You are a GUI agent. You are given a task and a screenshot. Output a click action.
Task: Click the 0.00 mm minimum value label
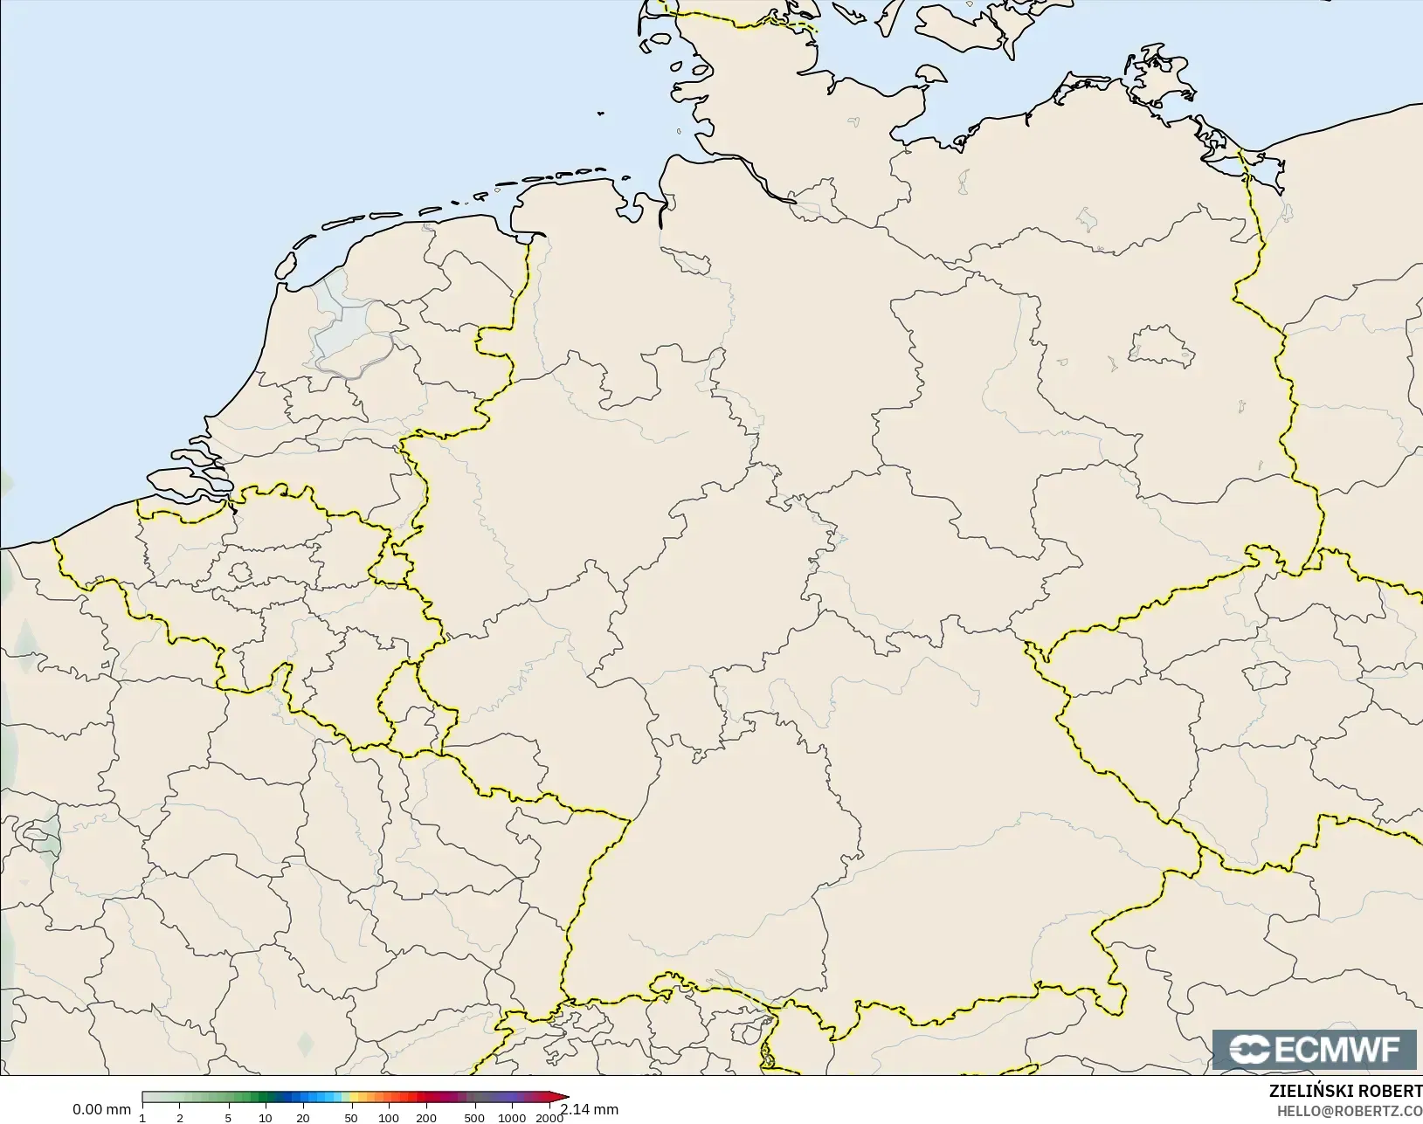(101, 1109)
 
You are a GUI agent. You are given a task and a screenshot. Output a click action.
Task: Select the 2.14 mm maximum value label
(590, 1109)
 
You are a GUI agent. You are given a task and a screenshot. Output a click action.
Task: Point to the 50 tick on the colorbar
(351, 1118)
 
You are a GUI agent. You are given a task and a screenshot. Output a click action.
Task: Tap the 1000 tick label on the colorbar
(512, 1118)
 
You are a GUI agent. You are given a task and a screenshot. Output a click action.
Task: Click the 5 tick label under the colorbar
(228, 1118)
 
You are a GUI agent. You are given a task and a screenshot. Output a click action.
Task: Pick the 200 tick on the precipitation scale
(426, 1118)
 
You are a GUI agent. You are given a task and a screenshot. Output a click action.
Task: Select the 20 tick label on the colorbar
(302, 1118)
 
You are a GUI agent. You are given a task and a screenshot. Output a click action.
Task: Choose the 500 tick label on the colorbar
(473, 1118)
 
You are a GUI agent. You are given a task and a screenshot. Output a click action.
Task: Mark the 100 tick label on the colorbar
(389, 1118)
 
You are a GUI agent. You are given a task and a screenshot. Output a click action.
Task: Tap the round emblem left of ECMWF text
(1251, 1050)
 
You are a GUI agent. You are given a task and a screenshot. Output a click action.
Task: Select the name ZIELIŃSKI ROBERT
(1345, 1092)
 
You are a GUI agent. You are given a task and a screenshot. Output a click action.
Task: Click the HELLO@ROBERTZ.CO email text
(1350, 1111)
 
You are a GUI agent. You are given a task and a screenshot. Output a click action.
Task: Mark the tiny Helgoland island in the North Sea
(601, 113)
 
